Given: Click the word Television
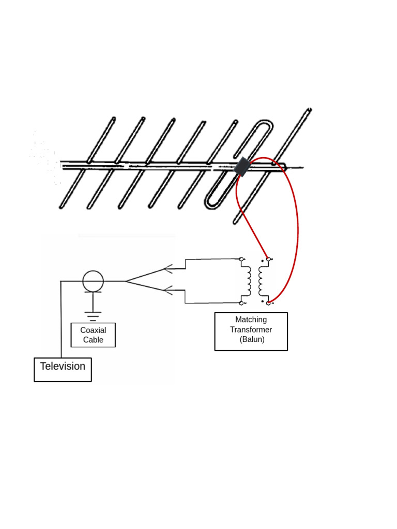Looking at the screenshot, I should (x=63, y=366).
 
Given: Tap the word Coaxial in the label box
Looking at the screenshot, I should (x=93, y=330).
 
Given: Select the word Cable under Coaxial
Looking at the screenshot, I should (x=93, y=340).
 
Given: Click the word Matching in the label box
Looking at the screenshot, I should (x=251, y=320).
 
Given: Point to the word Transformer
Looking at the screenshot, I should (x=251, y=330).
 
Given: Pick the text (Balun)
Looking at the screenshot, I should (x=252, y=339).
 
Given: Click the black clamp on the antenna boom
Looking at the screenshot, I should (x=241, y=167).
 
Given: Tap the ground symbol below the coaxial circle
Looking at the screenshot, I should (x=93, y=316).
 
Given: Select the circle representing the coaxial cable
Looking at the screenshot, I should (x=93, y=281).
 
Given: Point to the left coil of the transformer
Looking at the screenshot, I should (x=248, y=281).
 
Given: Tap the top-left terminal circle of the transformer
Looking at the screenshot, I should (x=241, y=259).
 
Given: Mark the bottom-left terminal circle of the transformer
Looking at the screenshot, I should (x=241, y=303).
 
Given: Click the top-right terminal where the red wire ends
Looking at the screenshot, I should (x=268, y=259).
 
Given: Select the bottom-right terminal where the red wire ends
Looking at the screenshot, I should (x=268, y=303).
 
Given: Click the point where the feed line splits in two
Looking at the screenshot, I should (x=126, y=281).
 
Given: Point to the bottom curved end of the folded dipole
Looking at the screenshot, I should (x=211, y=203).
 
